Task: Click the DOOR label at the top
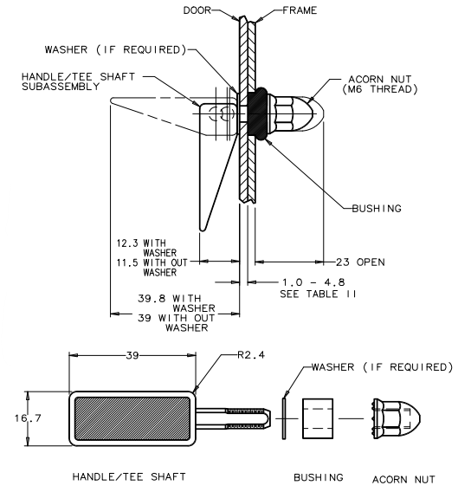pyautogui.click(x=197, y=10)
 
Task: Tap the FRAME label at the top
pyautogui.click(x=300, y=10)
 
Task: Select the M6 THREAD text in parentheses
pyautogui.click(x=380, y=89)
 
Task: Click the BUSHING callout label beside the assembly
pyautogui.click(x=377, y=209)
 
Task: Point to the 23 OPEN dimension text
pyautogui.click(x=360, y=262)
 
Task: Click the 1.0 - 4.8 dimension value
pyautogui.click(x=313, y=282)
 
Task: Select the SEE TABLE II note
pyautogui.click(x=318, y=294)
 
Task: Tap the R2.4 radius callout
pyautogui.click(x=251, y=355)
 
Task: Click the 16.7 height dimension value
pyautogui.click(x=28, y=418)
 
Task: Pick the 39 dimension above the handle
pyautogui.click(x=132, y=355)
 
